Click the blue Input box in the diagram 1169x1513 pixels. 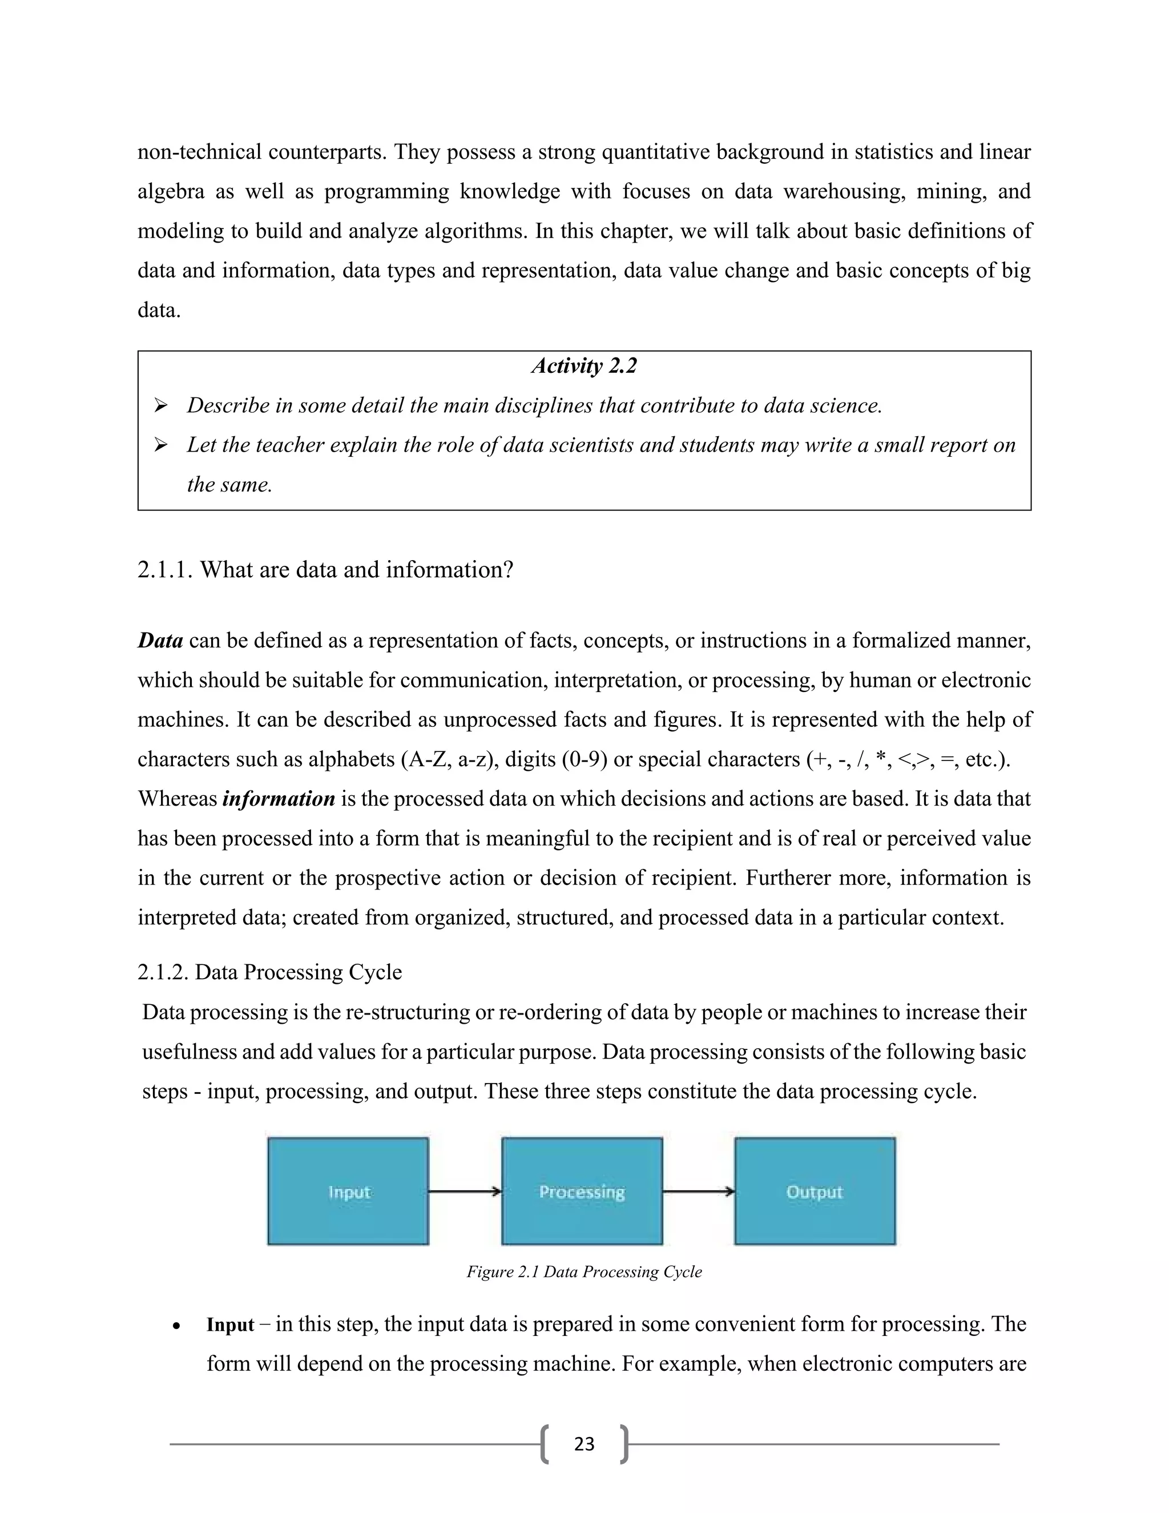[x=348, y=1192]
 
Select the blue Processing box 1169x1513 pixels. [x=582, y=1192]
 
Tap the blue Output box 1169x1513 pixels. [x=815, y=1192]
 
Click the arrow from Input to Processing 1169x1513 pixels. [x=464, y=1192]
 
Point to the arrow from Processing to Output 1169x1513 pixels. [x=698, y=1192]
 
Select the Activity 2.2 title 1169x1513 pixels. [x=584, y=366]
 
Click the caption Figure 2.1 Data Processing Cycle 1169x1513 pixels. [x=584, y=1272]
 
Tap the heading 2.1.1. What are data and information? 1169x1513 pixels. [x=325, y=569]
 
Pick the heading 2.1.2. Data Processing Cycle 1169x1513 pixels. [x=269, y=972]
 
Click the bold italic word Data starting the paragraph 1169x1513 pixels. [x=160, y=641]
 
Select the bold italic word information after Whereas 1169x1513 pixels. [x=279, y=799]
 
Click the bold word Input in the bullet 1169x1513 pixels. [x=230, y=1325]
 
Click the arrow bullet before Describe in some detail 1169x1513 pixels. [x=160, y=406]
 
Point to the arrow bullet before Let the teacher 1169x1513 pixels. [x=160, y=445]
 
